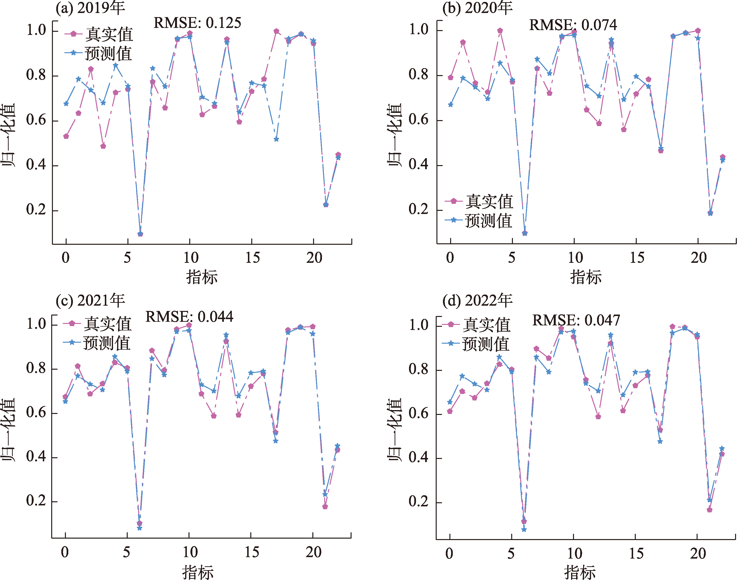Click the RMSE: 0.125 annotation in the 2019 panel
coord(197,23)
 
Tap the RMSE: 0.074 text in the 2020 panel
coord(573,25)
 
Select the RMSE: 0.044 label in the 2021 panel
coord(189,317)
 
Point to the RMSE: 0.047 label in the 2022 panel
coord(576,320)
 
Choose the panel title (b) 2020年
coord(477,8)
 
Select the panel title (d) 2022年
coord(477,301)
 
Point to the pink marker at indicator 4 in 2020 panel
coord(500,31)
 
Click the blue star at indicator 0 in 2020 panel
coord(450,105)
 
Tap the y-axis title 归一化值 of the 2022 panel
coord(395,429)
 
